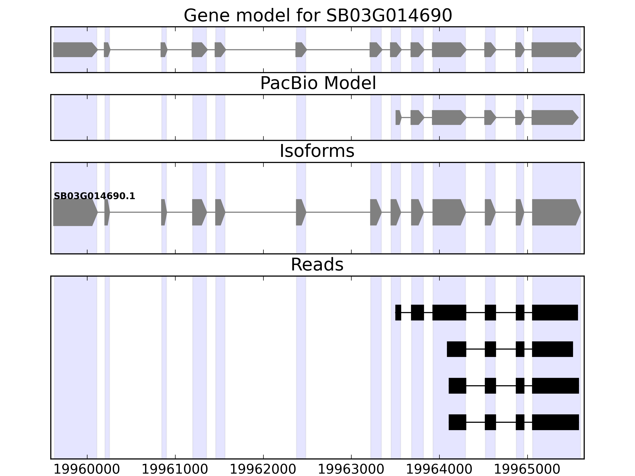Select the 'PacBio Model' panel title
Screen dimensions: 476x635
318,83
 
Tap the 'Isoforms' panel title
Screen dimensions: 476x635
317,151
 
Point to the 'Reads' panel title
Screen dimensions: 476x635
317,265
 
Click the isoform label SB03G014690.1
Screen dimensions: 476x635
94,196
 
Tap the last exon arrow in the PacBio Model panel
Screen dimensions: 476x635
554,117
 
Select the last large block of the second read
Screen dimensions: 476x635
552,349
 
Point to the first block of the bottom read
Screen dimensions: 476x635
457,422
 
